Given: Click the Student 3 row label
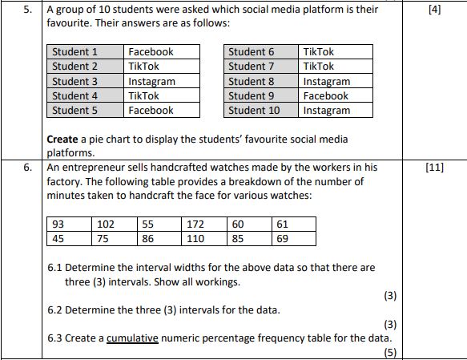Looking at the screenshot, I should point(74,81).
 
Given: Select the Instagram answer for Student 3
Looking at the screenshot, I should point(151,81).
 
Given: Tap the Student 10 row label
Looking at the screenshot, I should point(254,111).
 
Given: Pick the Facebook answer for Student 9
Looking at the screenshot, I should point(325,96).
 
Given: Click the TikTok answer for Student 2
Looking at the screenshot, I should point(144,67).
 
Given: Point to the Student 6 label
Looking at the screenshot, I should point(251,52).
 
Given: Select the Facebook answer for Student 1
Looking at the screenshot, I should point(151,52).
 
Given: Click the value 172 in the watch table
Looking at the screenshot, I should point(195,224).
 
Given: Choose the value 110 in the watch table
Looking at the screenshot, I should point(195,238).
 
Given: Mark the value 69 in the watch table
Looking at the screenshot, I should point(282,238).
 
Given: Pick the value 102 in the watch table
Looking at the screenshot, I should point(105,224).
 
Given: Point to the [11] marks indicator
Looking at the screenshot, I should point(435,168).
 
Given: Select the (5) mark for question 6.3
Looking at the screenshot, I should point(390,353).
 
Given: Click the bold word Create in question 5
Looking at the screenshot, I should point(62,140).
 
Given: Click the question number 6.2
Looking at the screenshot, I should point(55,309).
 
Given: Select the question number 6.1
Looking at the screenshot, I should point(55,267).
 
